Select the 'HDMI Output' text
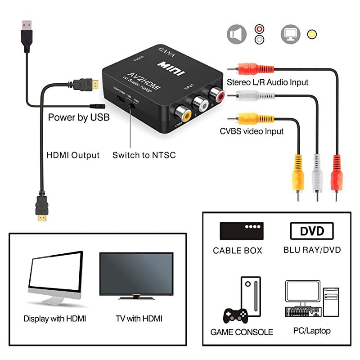[x=73, y=155]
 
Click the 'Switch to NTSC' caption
[x=144, y=155]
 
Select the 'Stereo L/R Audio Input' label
[x=268, y=82]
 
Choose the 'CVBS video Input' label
[x=252, y=131]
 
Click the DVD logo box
[x=312, y=231]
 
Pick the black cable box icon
[x=241, y=231]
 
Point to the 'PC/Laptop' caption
[x=312, y=331]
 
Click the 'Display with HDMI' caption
[x=54, y=319]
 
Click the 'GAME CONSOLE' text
[x=242, y=332]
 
